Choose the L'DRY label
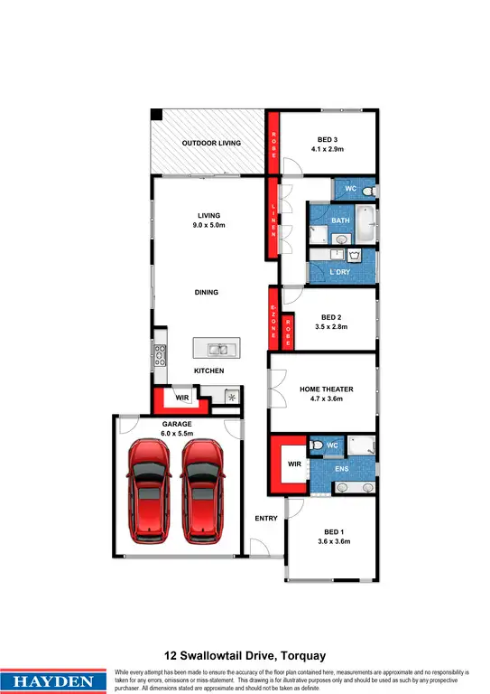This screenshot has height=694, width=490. click(x=340, y=271)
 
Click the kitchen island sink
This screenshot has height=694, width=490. click(x=217, y=348)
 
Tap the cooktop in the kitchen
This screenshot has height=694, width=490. click(x=160, y=354)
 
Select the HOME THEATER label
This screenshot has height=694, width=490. click(x=327, y=389)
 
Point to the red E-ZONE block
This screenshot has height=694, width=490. click(x=274, y=319)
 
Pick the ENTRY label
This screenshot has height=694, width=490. click(x=266, y=519)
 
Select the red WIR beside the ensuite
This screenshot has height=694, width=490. click(x=292, y=464)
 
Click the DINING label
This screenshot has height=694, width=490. click(x=207, y=293)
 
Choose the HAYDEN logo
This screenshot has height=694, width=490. click(x=55, y=680)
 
